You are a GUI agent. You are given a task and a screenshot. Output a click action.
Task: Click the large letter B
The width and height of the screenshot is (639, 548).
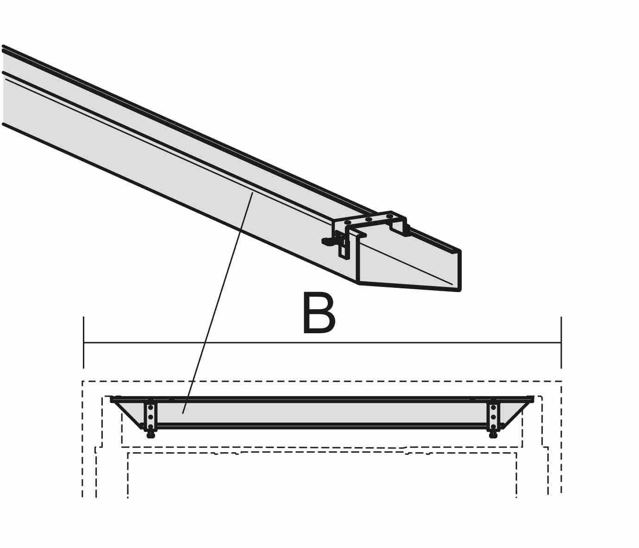(x=319, y=313)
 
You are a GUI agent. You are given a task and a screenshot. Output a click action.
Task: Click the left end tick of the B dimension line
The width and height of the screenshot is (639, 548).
(x=83, y=342)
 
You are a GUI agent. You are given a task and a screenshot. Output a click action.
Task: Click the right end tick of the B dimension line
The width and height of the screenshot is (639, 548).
(x=561, y=342)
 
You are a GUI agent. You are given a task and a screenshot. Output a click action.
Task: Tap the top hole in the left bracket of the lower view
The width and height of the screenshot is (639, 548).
(x=150, y=408)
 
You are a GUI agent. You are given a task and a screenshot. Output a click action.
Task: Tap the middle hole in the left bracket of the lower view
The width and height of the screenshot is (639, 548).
(x=150, y=417)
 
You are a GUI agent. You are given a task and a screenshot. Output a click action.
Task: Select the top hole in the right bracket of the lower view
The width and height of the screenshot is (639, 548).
(x=493, y=408)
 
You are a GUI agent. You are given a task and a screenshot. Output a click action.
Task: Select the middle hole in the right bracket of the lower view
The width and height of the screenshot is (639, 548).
(x=493, y=417)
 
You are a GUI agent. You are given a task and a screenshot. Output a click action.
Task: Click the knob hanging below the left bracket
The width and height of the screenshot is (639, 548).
(x=151, y=435)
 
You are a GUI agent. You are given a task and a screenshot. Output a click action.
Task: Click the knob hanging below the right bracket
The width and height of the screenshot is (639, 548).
(x=493, y=435)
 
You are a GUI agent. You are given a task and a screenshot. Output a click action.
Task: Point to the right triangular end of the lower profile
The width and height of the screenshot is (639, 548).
(x=515, y=413)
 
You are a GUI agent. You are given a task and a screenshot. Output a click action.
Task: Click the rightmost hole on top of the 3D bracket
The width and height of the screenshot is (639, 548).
(x=389, y=216)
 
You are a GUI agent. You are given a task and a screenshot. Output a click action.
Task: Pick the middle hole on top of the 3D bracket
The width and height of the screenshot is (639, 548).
(x=369, y=219)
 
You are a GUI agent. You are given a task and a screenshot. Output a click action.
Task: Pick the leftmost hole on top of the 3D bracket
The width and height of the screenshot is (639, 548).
(x=347, y=223)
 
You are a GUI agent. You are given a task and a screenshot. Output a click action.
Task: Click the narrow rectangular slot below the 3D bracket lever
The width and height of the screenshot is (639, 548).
(x=344, y=251)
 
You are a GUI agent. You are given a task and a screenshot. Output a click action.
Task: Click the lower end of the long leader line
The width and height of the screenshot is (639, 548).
(x=183, y=414)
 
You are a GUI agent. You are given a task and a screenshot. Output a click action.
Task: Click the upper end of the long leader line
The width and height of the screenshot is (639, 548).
(x=252, y=193)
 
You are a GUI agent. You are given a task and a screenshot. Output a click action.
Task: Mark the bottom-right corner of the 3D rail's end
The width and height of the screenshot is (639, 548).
(x=460, y=290)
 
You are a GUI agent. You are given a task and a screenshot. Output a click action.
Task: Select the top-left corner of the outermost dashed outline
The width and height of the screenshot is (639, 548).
(x=82, y=381)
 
